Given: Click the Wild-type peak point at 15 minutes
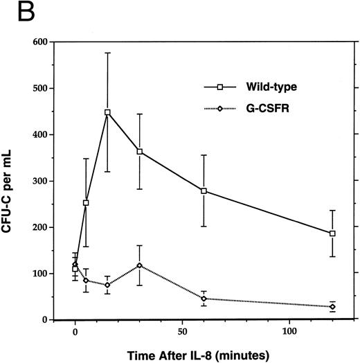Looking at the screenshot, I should pyautogui.click(x=107, y=112).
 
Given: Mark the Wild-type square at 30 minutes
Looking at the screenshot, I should pyautogui.click(x=140, y=152).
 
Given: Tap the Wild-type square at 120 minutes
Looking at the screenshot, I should pyautogui.click(x=332, y=233).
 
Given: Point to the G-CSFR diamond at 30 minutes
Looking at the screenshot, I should pyautogui.click(x=140, y=265).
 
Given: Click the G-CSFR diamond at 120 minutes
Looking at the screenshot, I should pyautogui.click(x=332, y=307).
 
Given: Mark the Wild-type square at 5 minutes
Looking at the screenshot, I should pyautogui.click(x=86, y=203).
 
